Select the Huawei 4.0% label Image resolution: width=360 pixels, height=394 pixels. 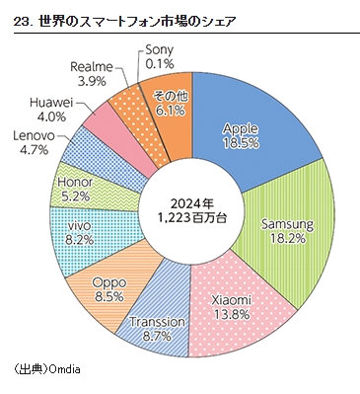click(49, 108)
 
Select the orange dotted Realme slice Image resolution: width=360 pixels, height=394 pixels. click(129, 107)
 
